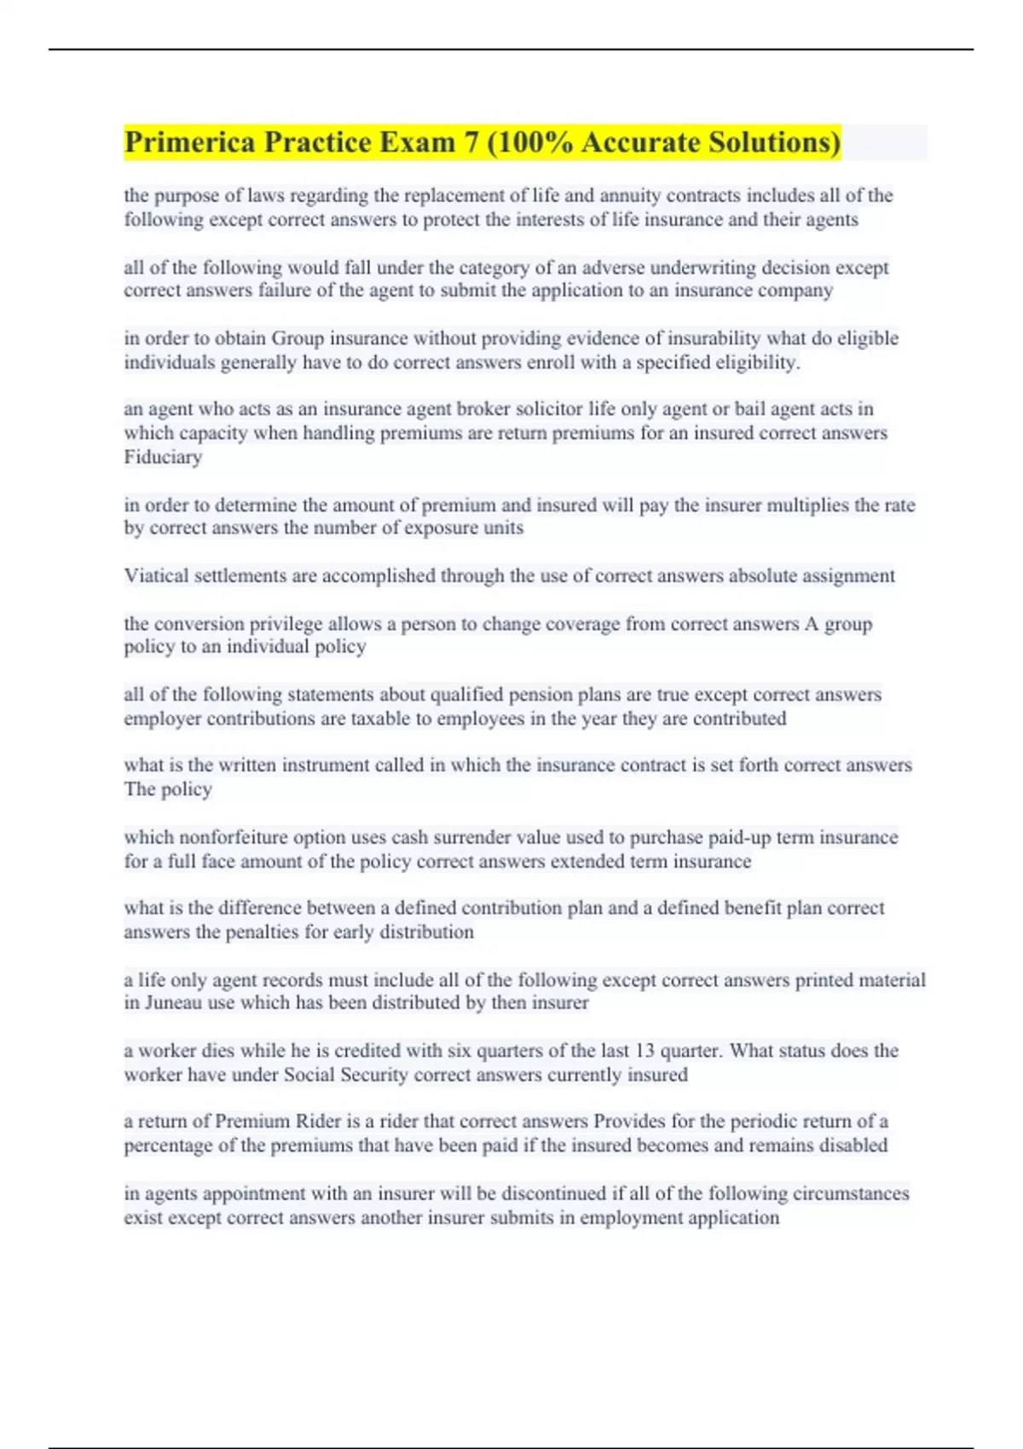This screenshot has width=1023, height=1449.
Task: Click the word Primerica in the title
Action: [x=189, y=142]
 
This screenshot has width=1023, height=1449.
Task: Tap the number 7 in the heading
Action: [x=471, y=142]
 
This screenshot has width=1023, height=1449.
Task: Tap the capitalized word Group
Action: [x=298, y=338]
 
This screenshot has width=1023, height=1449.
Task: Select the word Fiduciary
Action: [x=163, y=457]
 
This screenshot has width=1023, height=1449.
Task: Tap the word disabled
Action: [x=852, y=1146]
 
